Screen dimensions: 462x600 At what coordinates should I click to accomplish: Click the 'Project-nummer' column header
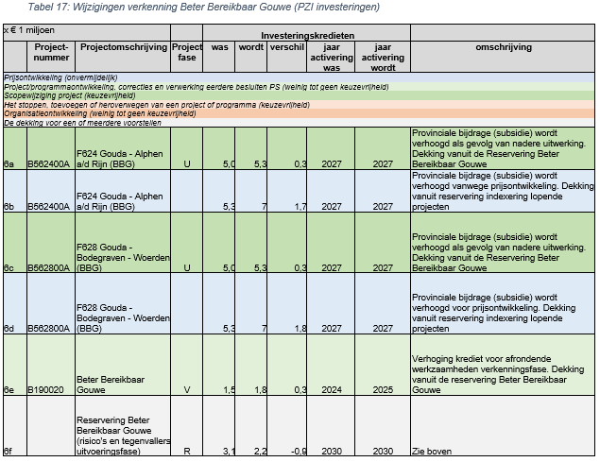click(x=51, y=51)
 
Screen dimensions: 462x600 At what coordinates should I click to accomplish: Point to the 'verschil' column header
click(x=286, y=46)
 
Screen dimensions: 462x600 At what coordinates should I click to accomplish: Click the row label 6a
click(x=9, y=163)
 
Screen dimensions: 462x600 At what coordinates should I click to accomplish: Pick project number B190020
click(x=45, y=388)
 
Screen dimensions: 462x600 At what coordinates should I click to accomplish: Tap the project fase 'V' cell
click(x=187, y=388)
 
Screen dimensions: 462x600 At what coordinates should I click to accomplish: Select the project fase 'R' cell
click(x=187, y=451)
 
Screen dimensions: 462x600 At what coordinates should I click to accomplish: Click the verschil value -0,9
click(x=298, y=451)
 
